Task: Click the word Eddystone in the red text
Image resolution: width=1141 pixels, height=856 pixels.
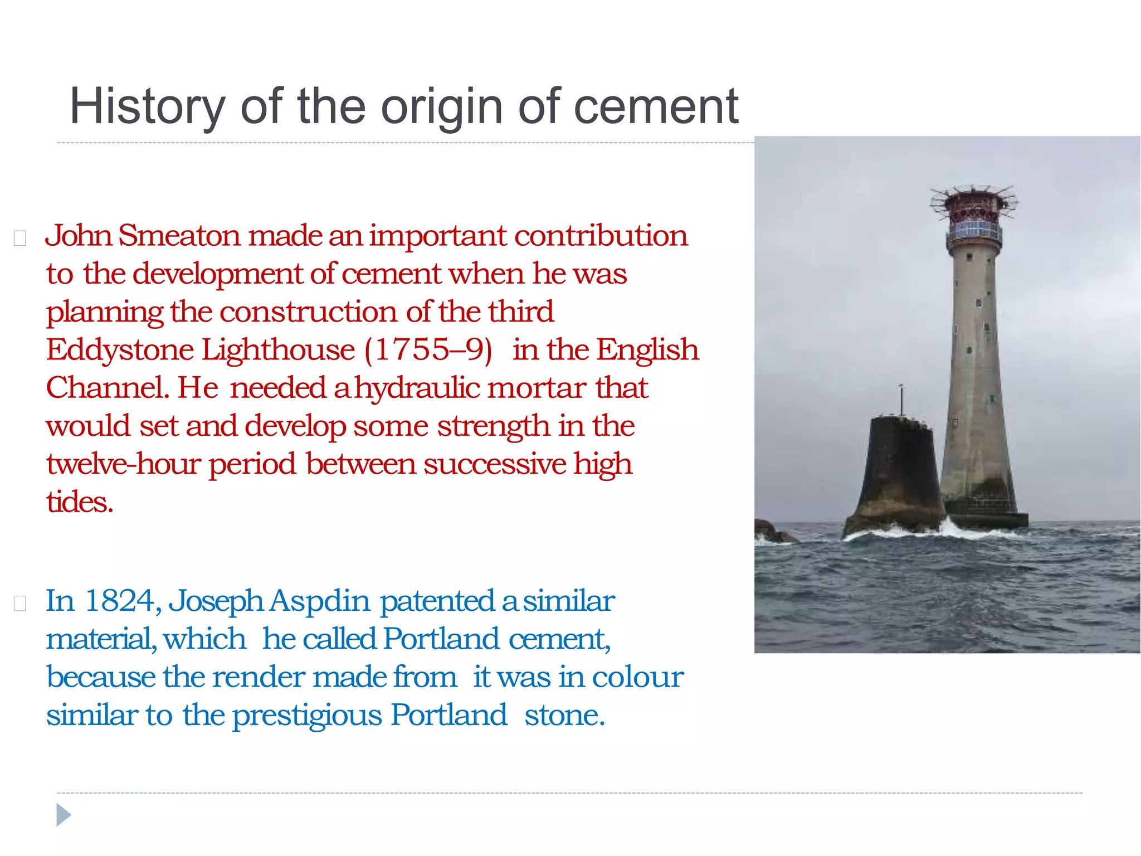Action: click(x=120, y=351)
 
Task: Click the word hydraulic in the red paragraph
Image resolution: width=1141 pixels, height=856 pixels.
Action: click(x=417, y=388)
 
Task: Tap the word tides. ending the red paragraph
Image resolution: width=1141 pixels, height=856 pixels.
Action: click(x=80, y=502)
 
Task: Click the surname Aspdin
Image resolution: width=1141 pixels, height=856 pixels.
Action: click(x=320, y=601)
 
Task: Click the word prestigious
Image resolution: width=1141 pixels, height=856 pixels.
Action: click(x=307, y=716)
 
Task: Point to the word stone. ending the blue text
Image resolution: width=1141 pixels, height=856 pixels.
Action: click(x=564, y=716)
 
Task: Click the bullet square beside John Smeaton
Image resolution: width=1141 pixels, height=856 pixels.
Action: click(x=20, y=239)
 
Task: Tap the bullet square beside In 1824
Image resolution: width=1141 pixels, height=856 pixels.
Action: click(x=20, y=604)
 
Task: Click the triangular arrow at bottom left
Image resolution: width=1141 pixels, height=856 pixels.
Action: click(x=64, y=815)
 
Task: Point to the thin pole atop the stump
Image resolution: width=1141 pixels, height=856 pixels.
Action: click(x=901, y=398)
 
